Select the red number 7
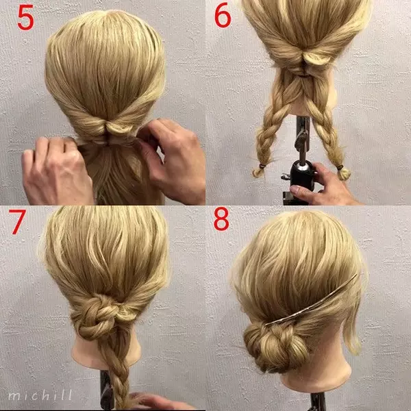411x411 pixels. pyautogui.click(x=17, y=221)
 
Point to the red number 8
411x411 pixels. pyautogui.click(x=221, y=219)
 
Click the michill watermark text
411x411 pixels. pyautogui.click(x=40, y=395)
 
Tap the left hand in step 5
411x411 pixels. pyautogui.click(x=56, y=171)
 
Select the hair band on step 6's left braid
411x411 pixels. pyautogui.click(x=262, y=166)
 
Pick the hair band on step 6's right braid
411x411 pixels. pyautogui.click(x=340, y=167)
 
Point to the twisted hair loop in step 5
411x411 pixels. pyautogui.click(x=116, y=126)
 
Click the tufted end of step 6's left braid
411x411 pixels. pyautogui.click(x=258, y=172)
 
